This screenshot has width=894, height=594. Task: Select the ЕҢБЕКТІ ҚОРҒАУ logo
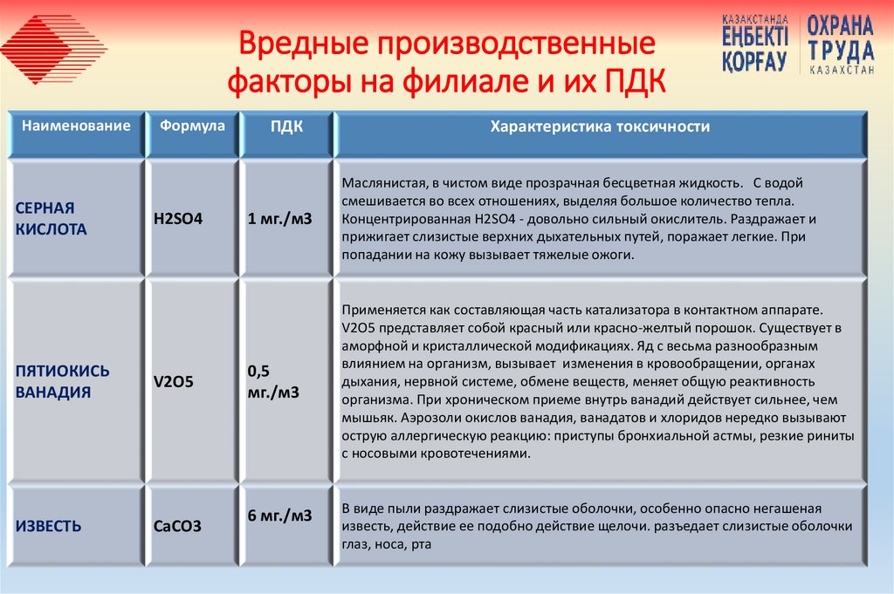755,44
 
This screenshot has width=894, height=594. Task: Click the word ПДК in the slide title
634,84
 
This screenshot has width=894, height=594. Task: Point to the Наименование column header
77,126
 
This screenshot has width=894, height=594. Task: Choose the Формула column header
192,126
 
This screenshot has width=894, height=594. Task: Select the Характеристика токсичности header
600,126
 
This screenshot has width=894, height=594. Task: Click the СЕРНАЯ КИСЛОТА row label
52,219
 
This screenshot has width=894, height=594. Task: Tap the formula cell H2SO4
178,219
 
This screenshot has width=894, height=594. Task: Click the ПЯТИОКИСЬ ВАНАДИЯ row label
63,381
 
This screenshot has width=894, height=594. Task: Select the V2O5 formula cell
173,381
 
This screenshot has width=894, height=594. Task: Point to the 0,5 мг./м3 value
273,381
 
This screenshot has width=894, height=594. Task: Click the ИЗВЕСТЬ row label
49,526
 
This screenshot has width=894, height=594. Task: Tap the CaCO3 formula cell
177,526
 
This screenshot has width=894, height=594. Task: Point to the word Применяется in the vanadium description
382,310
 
